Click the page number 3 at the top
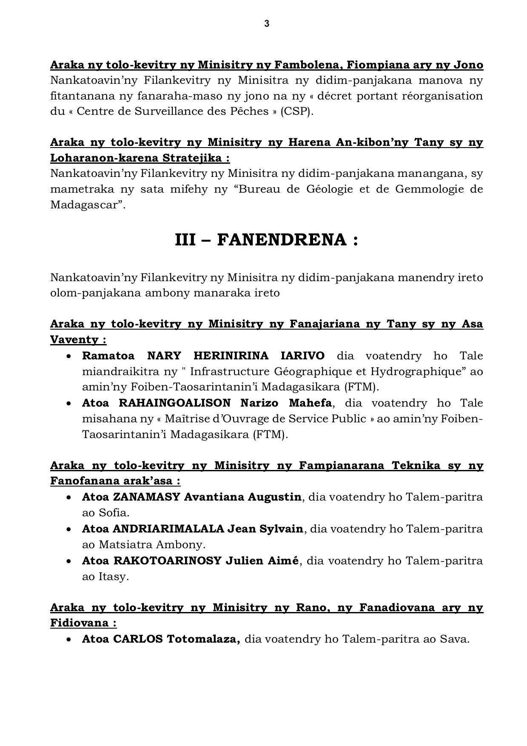[x=267, y=24]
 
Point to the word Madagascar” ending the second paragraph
[x=88, y=205]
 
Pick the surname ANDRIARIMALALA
[x=168, y=529]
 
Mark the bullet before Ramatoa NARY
[x=69, y=356]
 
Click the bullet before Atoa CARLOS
[x=69, y=639]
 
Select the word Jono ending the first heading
[x=468, y=65]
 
